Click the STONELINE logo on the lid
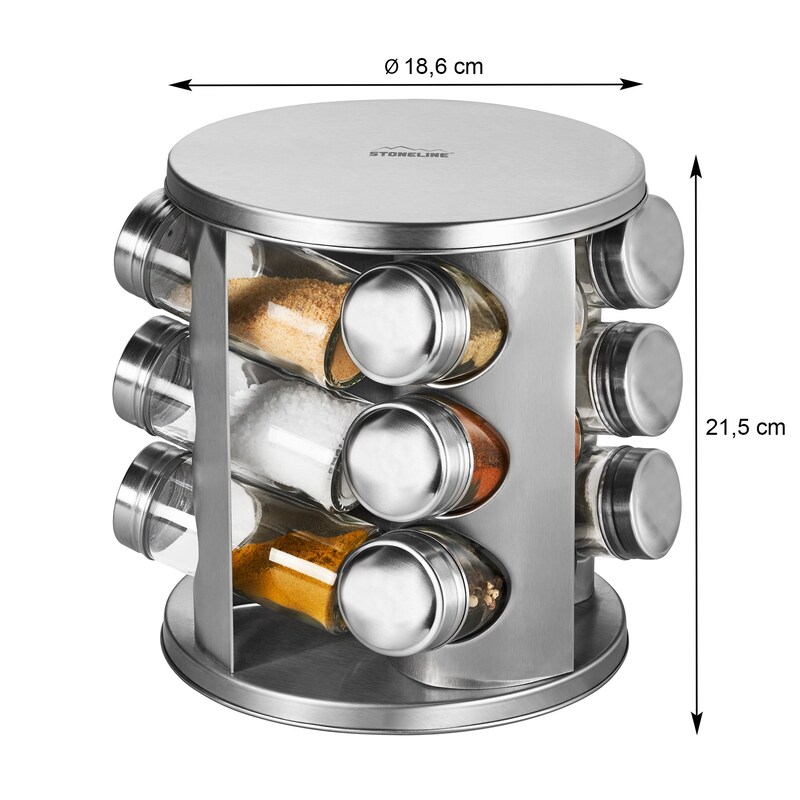410,151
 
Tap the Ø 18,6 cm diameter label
433,66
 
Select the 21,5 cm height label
745,427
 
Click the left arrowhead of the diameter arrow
180,84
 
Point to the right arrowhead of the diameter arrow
631,84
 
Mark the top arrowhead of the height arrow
695,167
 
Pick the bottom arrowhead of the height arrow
695,722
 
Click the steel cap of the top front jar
403,322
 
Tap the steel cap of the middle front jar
407,457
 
